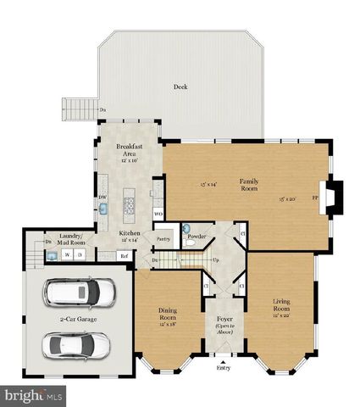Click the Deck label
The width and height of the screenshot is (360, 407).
coord(180,86)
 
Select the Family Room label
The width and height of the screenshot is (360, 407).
coord(249,184)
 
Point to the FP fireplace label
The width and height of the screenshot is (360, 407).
coord(315,198)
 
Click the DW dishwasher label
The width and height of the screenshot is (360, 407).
coord(102,198)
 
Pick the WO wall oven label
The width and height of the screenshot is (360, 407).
coord(158,214)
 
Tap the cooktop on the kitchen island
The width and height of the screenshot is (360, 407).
coord(130,203)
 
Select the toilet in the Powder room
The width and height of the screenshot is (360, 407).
coord(190,243)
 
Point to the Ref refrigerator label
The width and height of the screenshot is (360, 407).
coord(124,254)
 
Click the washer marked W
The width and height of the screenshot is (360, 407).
coord(66,254)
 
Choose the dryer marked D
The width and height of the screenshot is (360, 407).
coord(80,254)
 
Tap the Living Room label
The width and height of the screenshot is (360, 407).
coord(281,304)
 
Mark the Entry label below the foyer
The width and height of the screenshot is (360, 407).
coord(223,367)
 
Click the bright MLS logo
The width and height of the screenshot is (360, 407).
coord(34,395)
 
